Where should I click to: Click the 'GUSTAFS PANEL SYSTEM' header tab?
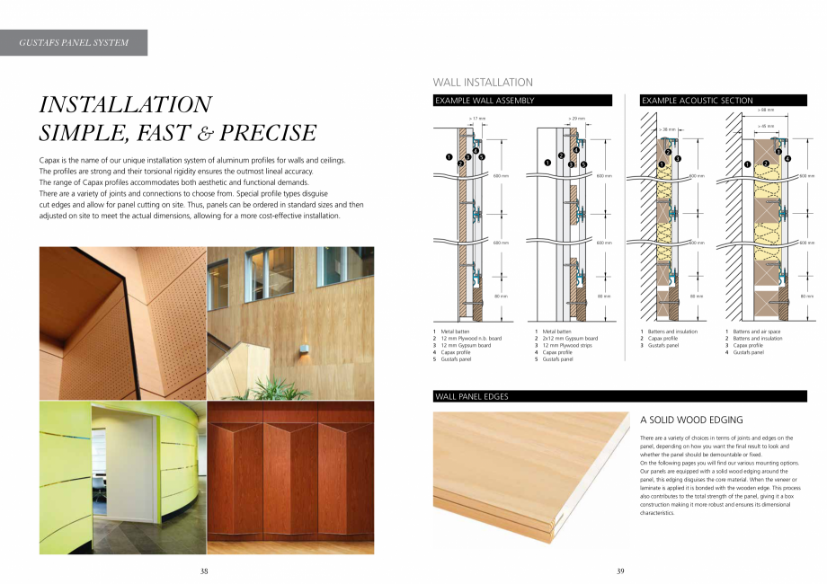point(74,42)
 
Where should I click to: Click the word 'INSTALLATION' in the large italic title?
point(126,104)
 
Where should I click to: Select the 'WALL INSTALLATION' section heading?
point(483,82)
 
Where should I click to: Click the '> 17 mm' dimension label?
point(476,118)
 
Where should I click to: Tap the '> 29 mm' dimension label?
point(576,118)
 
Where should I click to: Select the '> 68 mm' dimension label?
point(765,110)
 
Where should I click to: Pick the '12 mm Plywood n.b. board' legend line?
point(471,338)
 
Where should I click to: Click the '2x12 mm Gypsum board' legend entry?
point(569,338)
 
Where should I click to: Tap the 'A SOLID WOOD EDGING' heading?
point(691,420)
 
